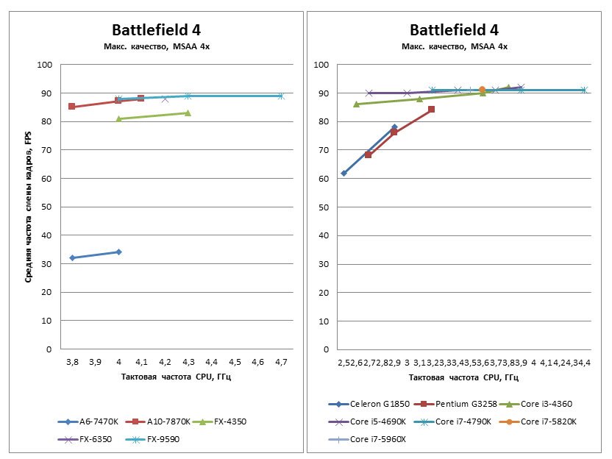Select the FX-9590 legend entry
pos(154,439)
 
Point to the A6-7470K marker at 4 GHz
pos(118,252)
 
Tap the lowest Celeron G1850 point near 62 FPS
pos(344,173)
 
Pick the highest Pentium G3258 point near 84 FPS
pos(431,110)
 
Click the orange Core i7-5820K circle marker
pos(483,90)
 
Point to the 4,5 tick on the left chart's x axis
pos(235,363)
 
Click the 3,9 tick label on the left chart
pos(95,363)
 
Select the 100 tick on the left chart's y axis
pos(46,65)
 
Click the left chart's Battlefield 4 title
pos(156,30)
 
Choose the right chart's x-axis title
pos(454,377)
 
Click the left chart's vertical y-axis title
pos(28,207)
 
